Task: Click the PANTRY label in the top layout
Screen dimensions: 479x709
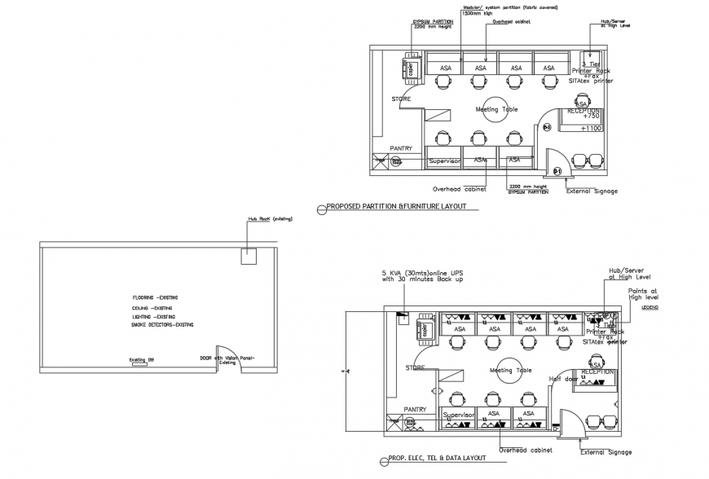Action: (400, 148)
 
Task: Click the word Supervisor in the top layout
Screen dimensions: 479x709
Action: (445, 161)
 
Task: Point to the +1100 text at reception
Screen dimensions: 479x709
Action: (591, 129)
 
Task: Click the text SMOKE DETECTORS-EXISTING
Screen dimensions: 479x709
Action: (163, 325)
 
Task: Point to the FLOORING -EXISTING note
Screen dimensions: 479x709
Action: (155, 298)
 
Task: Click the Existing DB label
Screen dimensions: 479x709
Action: (141, 358)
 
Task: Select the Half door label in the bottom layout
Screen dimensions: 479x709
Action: (563, 378)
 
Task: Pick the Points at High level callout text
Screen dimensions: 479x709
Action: (643, 294)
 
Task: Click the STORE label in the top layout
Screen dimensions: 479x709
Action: (401, 99)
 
